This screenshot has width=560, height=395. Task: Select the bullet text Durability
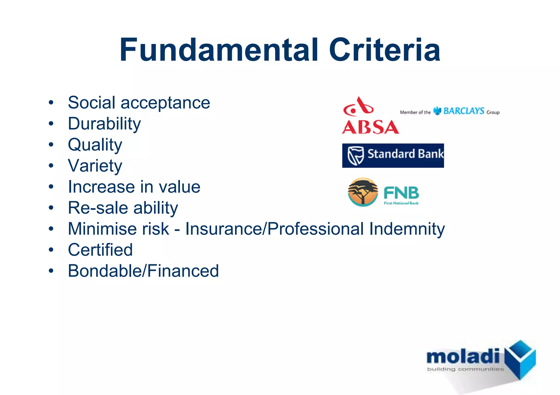pyautogui.click(x=104, y=124)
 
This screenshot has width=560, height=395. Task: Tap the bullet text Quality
pyautogui.click(x=95, y=145)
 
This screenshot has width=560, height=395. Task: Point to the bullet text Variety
pyautogui.click(x=95, y=166)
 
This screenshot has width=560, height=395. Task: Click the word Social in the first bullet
pyautogui.click(x=92, y=103)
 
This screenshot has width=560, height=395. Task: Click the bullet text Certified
pyautogui.click(x=100, y=250)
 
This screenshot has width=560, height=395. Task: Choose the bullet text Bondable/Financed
pyautogui.click(x=143, y=271)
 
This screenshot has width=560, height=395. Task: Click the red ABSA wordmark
pyautogui.click(x=370, y=127)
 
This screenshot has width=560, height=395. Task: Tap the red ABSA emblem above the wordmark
pyautogui.click(x=358, y=107)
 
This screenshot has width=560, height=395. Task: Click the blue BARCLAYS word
pyautogui.click(x=463, y=111)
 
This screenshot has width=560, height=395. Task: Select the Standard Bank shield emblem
pyautogui.click(x=355, y=155)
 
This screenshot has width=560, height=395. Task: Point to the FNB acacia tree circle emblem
pyautogui.click(x=363, y=192)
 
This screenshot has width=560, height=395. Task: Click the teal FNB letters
pyautogui.click(x=401, y=193)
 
